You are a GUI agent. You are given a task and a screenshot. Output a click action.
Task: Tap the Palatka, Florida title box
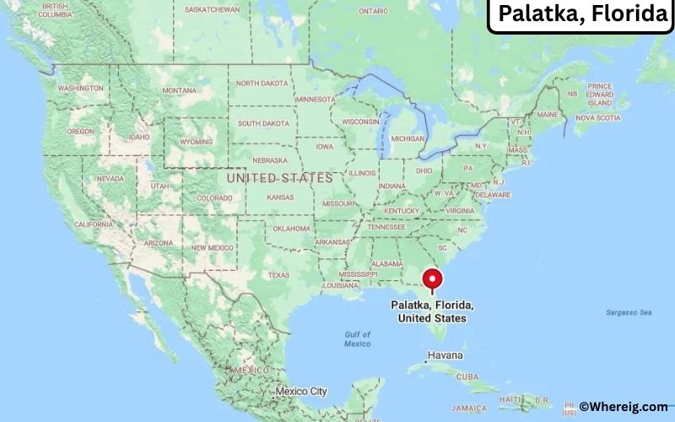click(x=582, y=15)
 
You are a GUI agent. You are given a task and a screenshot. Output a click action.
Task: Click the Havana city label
click(x=445, y=355)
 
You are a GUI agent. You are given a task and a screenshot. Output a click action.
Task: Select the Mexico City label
click(x=300, y=392)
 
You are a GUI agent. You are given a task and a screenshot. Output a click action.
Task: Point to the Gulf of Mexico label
click(x=357, y=339)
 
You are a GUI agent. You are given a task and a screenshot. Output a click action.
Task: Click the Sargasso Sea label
click(x=629, y=312)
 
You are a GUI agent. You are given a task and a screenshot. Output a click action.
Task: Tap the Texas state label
click(x=278, y=275)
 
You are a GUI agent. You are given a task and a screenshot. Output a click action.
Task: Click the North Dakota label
click(x=262, y=84)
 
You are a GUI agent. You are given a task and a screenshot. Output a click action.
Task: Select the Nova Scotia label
click(x=597, y=118)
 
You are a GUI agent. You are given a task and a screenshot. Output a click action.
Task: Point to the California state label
click(x=93, y=225)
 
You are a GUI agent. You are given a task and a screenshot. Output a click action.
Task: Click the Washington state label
click(x=81, y=89)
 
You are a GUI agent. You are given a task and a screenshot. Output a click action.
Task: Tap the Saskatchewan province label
click(x=212, y=10)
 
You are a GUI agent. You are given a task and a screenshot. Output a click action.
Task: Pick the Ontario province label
click(x=373, y=11)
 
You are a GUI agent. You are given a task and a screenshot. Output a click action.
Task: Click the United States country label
click(x=279, y=178)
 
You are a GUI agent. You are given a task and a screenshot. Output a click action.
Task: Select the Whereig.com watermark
click(x=623, y=407)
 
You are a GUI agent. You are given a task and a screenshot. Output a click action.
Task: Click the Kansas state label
click(x=280, y=197)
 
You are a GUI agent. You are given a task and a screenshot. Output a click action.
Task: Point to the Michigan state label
click(x=408, y=138)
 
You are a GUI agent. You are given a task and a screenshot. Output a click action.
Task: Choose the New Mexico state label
click(x=211, y=247)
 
